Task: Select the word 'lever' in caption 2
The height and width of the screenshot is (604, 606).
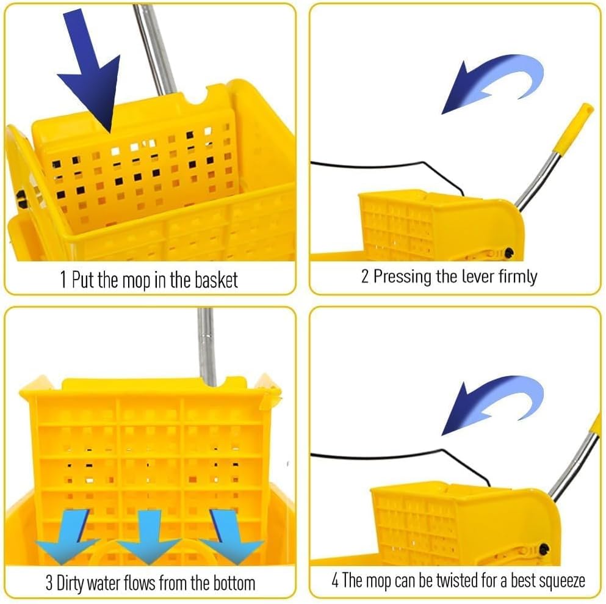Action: pyautogui.click(x=474, y=276)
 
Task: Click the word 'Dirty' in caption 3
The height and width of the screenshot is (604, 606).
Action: pyautogui.click(x=76, y=583)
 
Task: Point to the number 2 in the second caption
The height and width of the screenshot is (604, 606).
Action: pyautogui.click(x=365, y=277)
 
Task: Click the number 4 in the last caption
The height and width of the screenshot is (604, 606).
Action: pyautogui.click(x=335, y=580)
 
